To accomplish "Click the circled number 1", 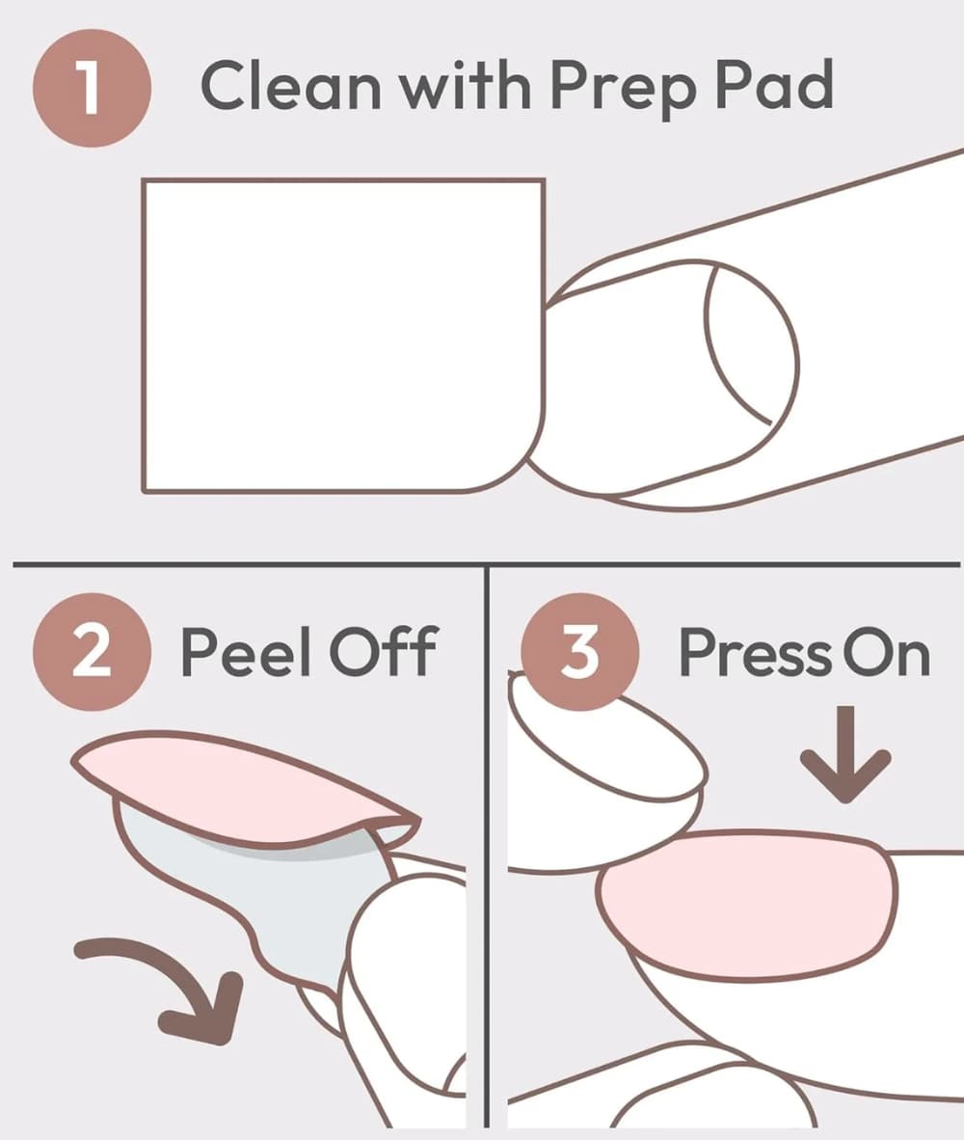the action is click(92, 88).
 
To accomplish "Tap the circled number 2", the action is click(92, 652).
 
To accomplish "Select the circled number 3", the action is click(579, 652).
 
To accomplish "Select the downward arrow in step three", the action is click(844, 754).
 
